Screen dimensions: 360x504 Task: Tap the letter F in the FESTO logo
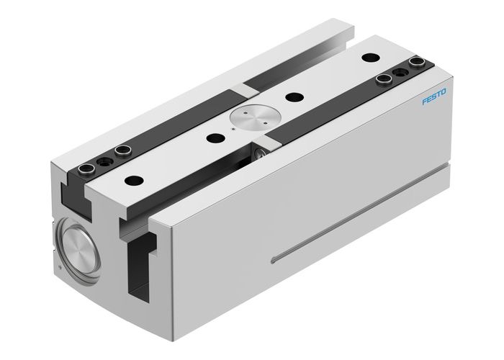tap(425, 105)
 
